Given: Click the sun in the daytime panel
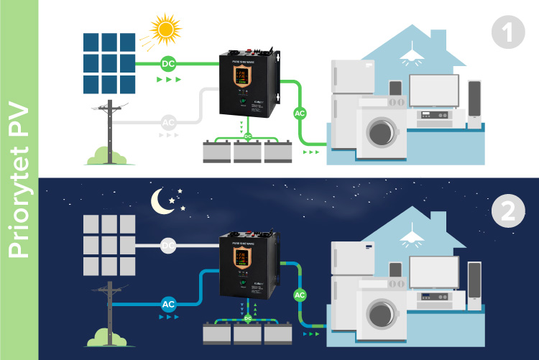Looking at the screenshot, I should coord(166,29).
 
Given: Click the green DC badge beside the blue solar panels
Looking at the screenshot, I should coord(168,63).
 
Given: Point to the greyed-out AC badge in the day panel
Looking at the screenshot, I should coord(168,121).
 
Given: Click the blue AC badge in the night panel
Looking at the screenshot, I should coord(168,304).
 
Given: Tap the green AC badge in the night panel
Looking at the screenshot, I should coord(300,294).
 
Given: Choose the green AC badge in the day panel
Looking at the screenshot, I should coord(300,112).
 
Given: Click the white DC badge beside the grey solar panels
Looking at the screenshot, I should coord(168,246).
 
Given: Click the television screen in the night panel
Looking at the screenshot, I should coord(434,272).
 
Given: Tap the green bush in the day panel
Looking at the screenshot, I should coord(106,154).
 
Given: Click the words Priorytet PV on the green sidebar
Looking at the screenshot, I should coord(18,180).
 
